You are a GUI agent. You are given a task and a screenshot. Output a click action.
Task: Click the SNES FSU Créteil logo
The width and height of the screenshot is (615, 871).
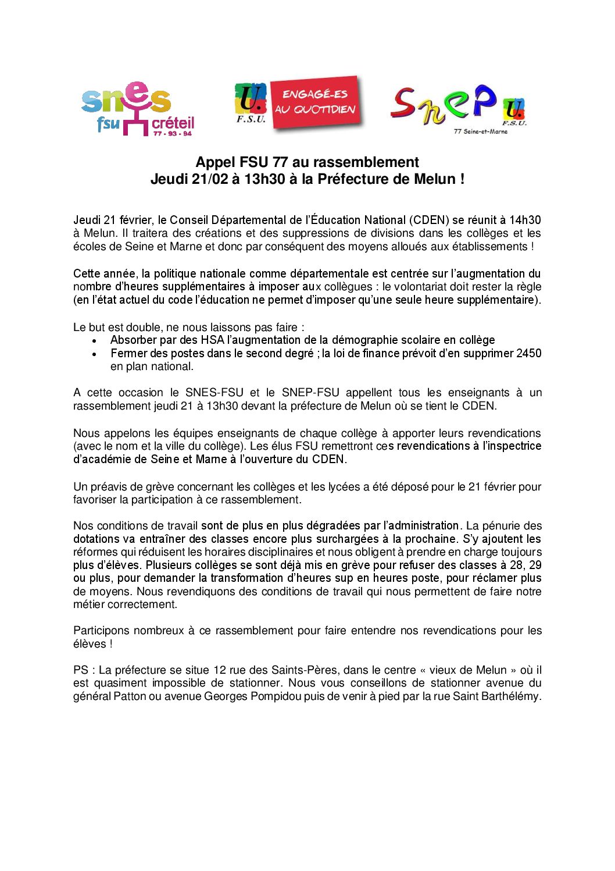[138, 109]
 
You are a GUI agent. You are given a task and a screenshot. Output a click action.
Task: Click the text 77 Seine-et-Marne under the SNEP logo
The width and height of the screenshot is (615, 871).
[480, 131]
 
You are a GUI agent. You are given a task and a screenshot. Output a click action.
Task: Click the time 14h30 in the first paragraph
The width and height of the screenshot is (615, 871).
[525, 221]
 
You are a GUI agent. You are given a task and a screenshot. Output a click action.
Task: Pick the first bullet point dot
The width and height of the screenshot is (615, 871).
[94, 341]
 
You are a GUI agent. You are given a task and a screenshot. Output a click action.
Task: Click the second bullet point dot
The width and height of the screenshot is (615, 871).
[94, 354]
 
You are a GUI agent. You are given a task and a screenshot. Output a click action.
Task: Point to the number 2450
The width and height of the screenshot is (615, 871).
[528, 354]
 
